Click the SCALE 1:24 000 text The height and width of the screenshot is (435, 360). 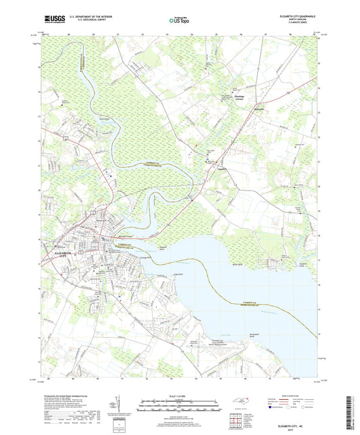(x=179, y=397)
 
